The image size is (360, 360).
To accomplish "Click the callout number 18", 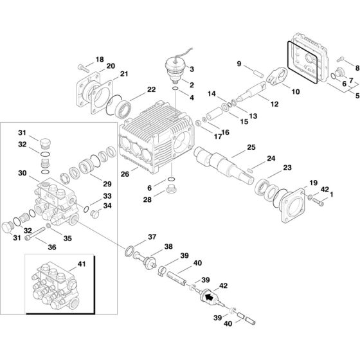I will [99, 59].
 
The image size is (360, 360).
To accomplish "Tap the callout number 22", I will [151, 89].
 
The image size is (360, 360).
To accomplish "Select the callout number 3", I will [192, 69].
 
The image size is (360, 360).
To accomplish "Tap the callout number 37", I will [152, 237].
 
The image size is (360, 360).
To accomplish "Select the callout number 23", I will [287, 167].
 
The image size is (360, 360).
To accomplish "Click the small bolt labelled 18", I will [81, 66].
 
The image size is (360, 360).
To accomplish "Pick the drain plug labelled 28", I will [172, 190].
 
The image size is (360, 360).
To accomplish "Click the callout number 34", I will [107, 205].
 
